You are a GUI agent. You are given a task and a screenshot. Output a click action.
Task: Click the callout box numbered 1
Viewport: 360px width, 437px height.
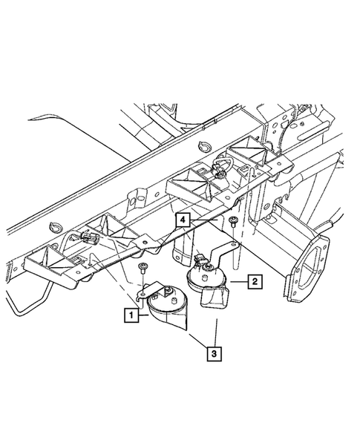(131, 315)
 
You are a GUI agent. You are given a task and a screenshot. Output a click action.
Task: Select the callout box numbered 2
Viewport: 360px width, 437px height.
(255, 281)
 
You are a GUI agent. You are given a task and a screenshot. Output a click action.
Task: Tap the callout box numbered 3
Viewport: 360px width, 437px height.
(215, 354)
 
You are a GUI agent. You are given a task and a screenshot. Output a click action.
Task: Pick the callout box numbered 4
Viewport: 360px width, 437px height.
(183, 220)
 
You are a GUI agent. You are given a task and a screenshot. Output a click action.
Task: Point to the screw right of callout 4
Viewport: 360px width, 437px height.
(232, 222)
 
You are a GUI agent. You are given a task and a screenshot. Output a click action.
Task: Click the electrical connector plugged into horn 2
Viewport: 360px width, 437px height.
(200, 258)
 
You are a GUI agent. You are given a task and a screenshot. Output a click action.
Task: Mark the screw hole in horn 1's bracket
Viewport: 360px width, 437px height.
(143, 294)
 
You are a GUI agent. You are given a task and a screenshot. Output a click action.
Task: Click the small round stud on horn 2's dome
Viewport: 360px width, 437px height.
(204, 278)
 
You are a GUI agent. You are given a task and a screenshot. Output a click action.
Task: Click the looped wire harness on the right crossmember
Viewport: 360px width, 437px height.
(221, 166)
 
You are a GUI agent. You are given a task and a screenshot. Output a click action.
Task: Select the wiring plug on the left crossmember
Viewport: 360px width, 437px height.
(88, 237)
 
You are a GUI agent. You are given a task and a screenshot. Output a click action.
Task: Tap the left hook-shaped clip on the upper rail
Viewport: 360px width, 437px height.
(55, 227)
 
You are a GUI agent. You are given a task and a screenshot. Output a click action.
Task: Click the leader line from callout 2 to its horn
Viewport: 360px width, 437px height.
(239, 282)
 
